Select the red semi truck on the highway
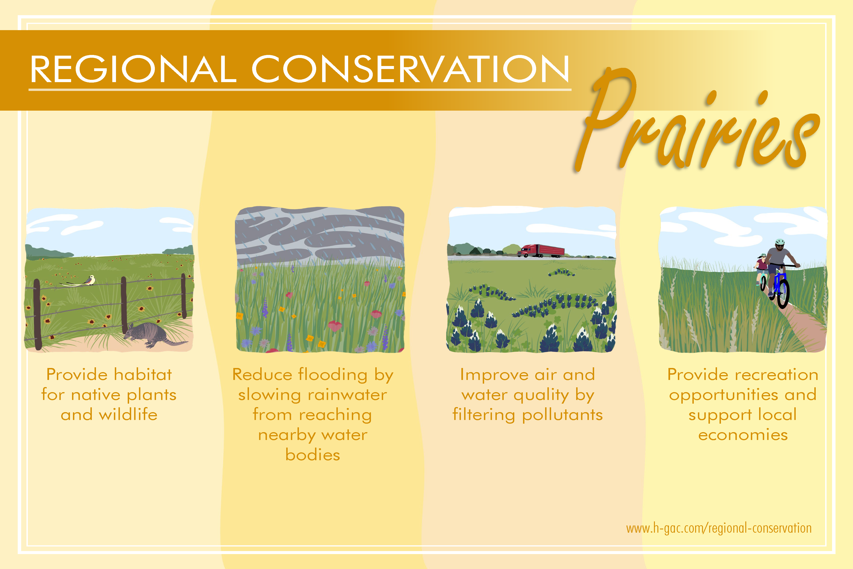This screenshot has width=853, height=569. pos(541,251)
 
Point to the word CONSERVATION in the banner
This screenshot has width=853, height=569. pos(410,69)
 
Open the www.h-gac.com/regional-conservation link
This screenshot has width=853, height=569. pos(719,528)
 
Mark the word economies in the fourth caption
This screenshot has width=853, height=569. pos(743,435)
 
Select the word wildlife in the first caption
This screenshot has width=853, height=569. pos(128,414)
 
